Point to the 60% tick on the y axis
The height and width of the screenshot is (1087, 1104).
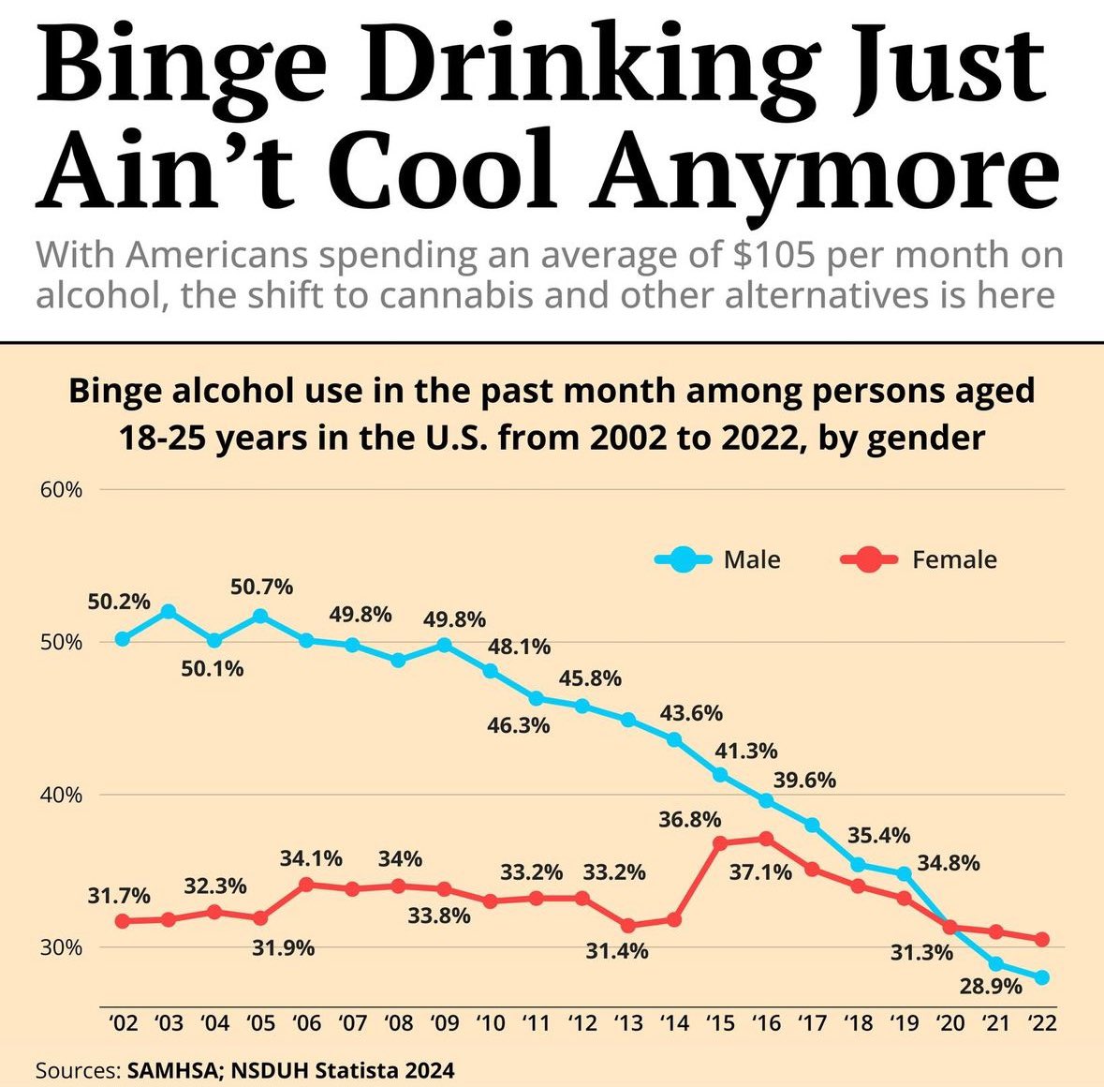[60, 489]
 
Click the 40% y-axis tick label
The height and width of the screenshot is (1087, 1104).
[60, 795]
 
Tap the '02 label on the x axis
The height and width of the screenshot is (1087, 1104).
[124, 1022]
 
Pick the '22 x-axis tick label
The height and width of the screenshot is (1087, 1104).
[1041, 1022]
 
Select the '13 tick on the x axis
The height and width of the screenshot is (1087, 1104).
[628, 1022]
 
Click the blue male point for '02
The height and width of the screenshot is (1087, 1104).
[123, 639]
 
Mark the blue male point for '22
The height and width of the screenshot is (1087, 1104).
[1041, 977]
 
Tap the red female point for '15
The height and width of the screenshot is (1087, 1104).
[720, 843]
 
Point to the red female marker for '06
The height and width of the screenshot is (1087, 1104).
[306, 884]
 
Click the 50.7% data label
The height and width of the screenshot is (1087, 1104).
[262, 588]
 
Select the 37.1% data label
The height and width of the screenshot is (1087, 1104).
[760, 872]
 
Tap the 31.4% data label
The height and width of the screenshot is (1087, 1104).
[617, 951]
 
